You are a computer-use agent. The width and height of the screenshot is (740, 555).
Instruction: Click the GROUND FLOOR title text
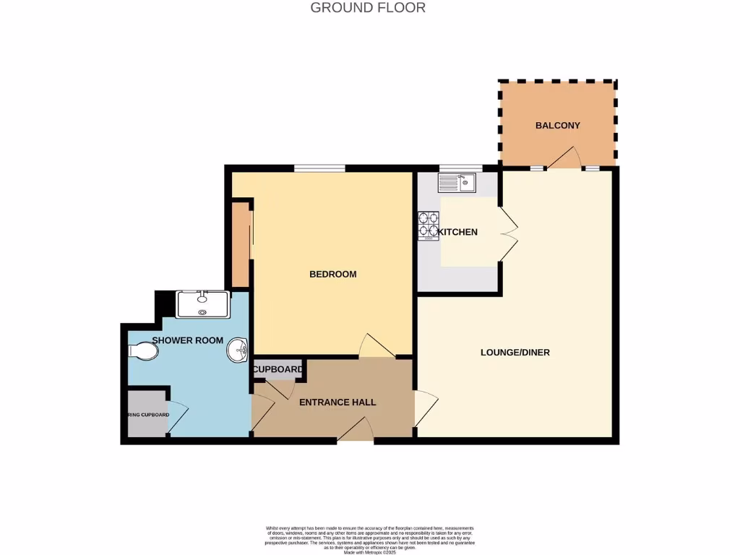point(368,8)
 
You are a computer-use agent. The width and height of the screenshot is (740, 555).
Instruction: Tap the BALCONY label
point(557,125)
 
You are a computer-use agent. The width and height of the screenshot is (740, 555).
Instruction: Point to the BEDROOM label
point(332,274)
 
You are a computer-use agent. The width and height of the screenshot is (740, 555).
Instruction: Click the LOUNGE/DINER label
point(515,353)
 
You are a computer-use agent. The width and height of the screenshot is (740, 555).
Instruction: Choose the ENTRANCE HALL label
point(337,402)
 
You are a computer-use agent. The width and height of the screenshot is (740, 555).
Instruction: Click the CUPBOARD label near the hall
point(278,370)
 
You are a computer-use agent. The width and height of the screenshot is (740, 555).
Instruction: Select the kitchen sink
point(457,184)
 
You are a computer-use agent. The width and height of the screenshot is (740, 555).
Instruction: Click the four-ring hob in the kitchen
point(428,225)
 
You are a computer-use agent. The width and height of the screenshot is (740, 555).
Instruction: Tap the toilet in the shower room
point(143,351)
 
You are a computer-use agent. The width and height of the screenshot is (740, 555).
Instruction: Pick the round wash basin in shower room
point(237,351)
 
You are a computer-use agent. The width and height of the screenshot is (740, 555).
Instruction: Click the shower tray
point(203,304)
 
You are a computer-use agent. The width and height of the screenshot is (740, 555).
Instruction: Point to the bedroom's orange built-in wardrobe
point(239,244)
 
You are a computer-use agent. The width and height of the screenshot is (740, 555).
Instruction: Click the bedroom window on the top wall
point(319,168)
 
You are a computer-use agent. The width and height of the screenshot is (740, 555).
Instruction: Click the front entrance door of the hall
point(356,431)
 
